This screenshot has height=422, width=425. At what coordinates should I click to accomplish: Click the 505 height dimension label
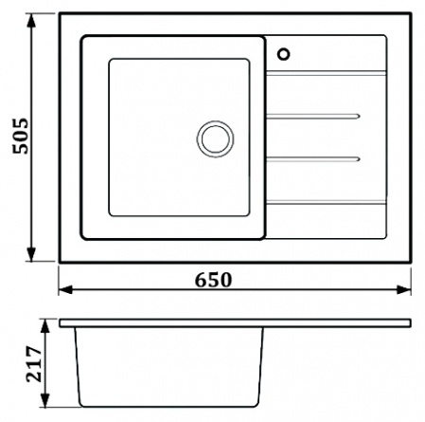21,136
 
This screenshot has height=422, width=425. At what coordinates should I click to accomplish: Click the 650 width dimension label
213,280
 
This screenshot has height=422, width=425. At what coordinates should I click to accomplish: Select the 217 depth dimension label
34,364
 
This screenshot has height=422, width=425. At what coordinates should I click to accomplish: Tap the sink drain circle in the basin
216,138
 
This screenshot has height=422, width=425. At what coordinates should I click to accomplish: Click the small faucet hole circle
284,54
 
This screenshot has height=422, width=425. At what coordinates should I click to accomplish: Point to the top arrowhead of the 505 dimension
31,21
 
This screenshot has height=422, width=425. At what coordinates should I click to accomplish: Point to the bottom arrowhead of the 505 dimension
31,254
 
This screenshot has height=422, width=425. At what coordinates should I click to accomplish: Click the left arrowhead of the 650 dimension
66,289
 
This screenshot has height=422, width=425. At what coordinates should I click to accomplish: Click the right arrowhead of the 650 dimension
403,289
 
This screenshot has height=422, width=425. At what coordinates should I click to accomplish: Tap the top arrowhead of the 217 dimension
45,326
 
